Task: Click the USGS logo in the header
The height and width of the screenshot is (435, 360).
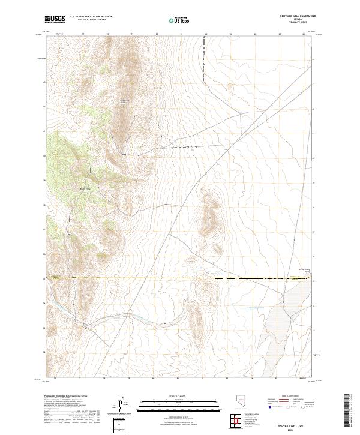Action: click(x=55, y=19)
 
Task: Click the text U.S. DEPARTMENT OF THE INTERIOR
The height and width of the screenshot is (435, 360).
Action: click(x=91, y=17)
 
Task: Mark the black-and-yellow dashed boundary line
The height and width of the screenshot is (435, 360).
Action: click(x=180, y=279)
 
